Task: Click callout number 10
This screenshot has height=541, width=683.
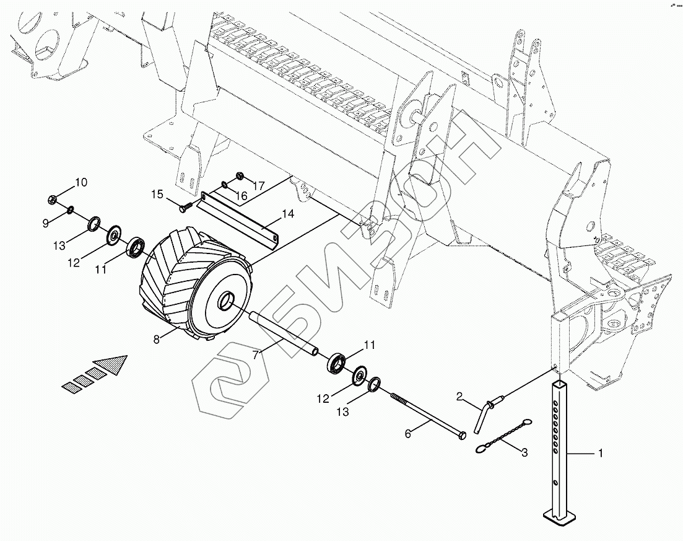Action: pyautogui.click(x=81, y=182)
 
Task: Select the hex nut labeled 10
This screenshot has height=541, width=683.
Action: pyautogui.click(x=53, y=199)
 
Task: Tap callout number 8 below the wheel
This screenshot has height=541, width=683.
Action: pyautogui.click(x=157, y=338)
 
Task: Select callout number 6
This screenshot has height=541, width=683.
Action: pyautogui.click(x=407, y=434)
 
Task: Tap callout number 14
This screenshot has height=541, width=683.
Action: pyautogui.click(x=287, y=214)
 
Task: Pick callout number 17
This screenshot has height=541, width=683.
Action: pyautogui.click(x=258, y=185)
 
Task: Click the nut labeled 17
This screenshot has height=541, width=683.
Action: pyautogui.click(x=240, y=175)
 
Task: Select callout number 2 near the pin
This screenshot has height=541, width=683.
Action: pyautogui.click(x=459, y=396)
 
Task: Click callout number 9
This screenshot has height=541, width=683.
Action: pyautogui.click(x=45, y=223)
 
